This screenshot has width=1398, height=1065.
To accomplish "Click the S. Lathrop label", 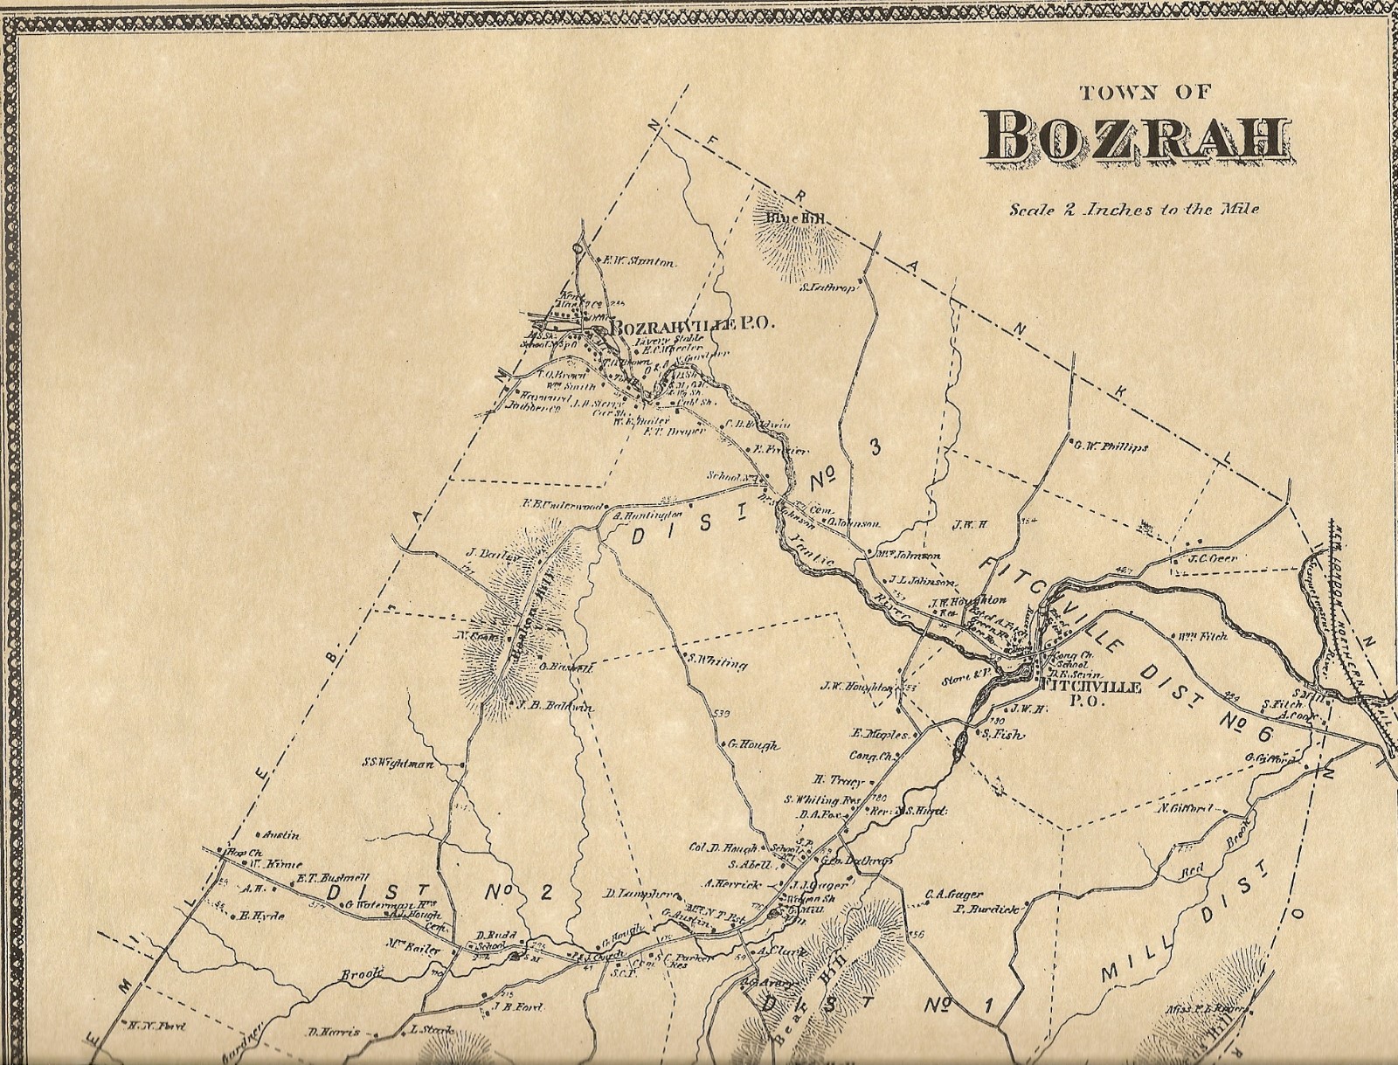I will (x=826, y=285).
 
